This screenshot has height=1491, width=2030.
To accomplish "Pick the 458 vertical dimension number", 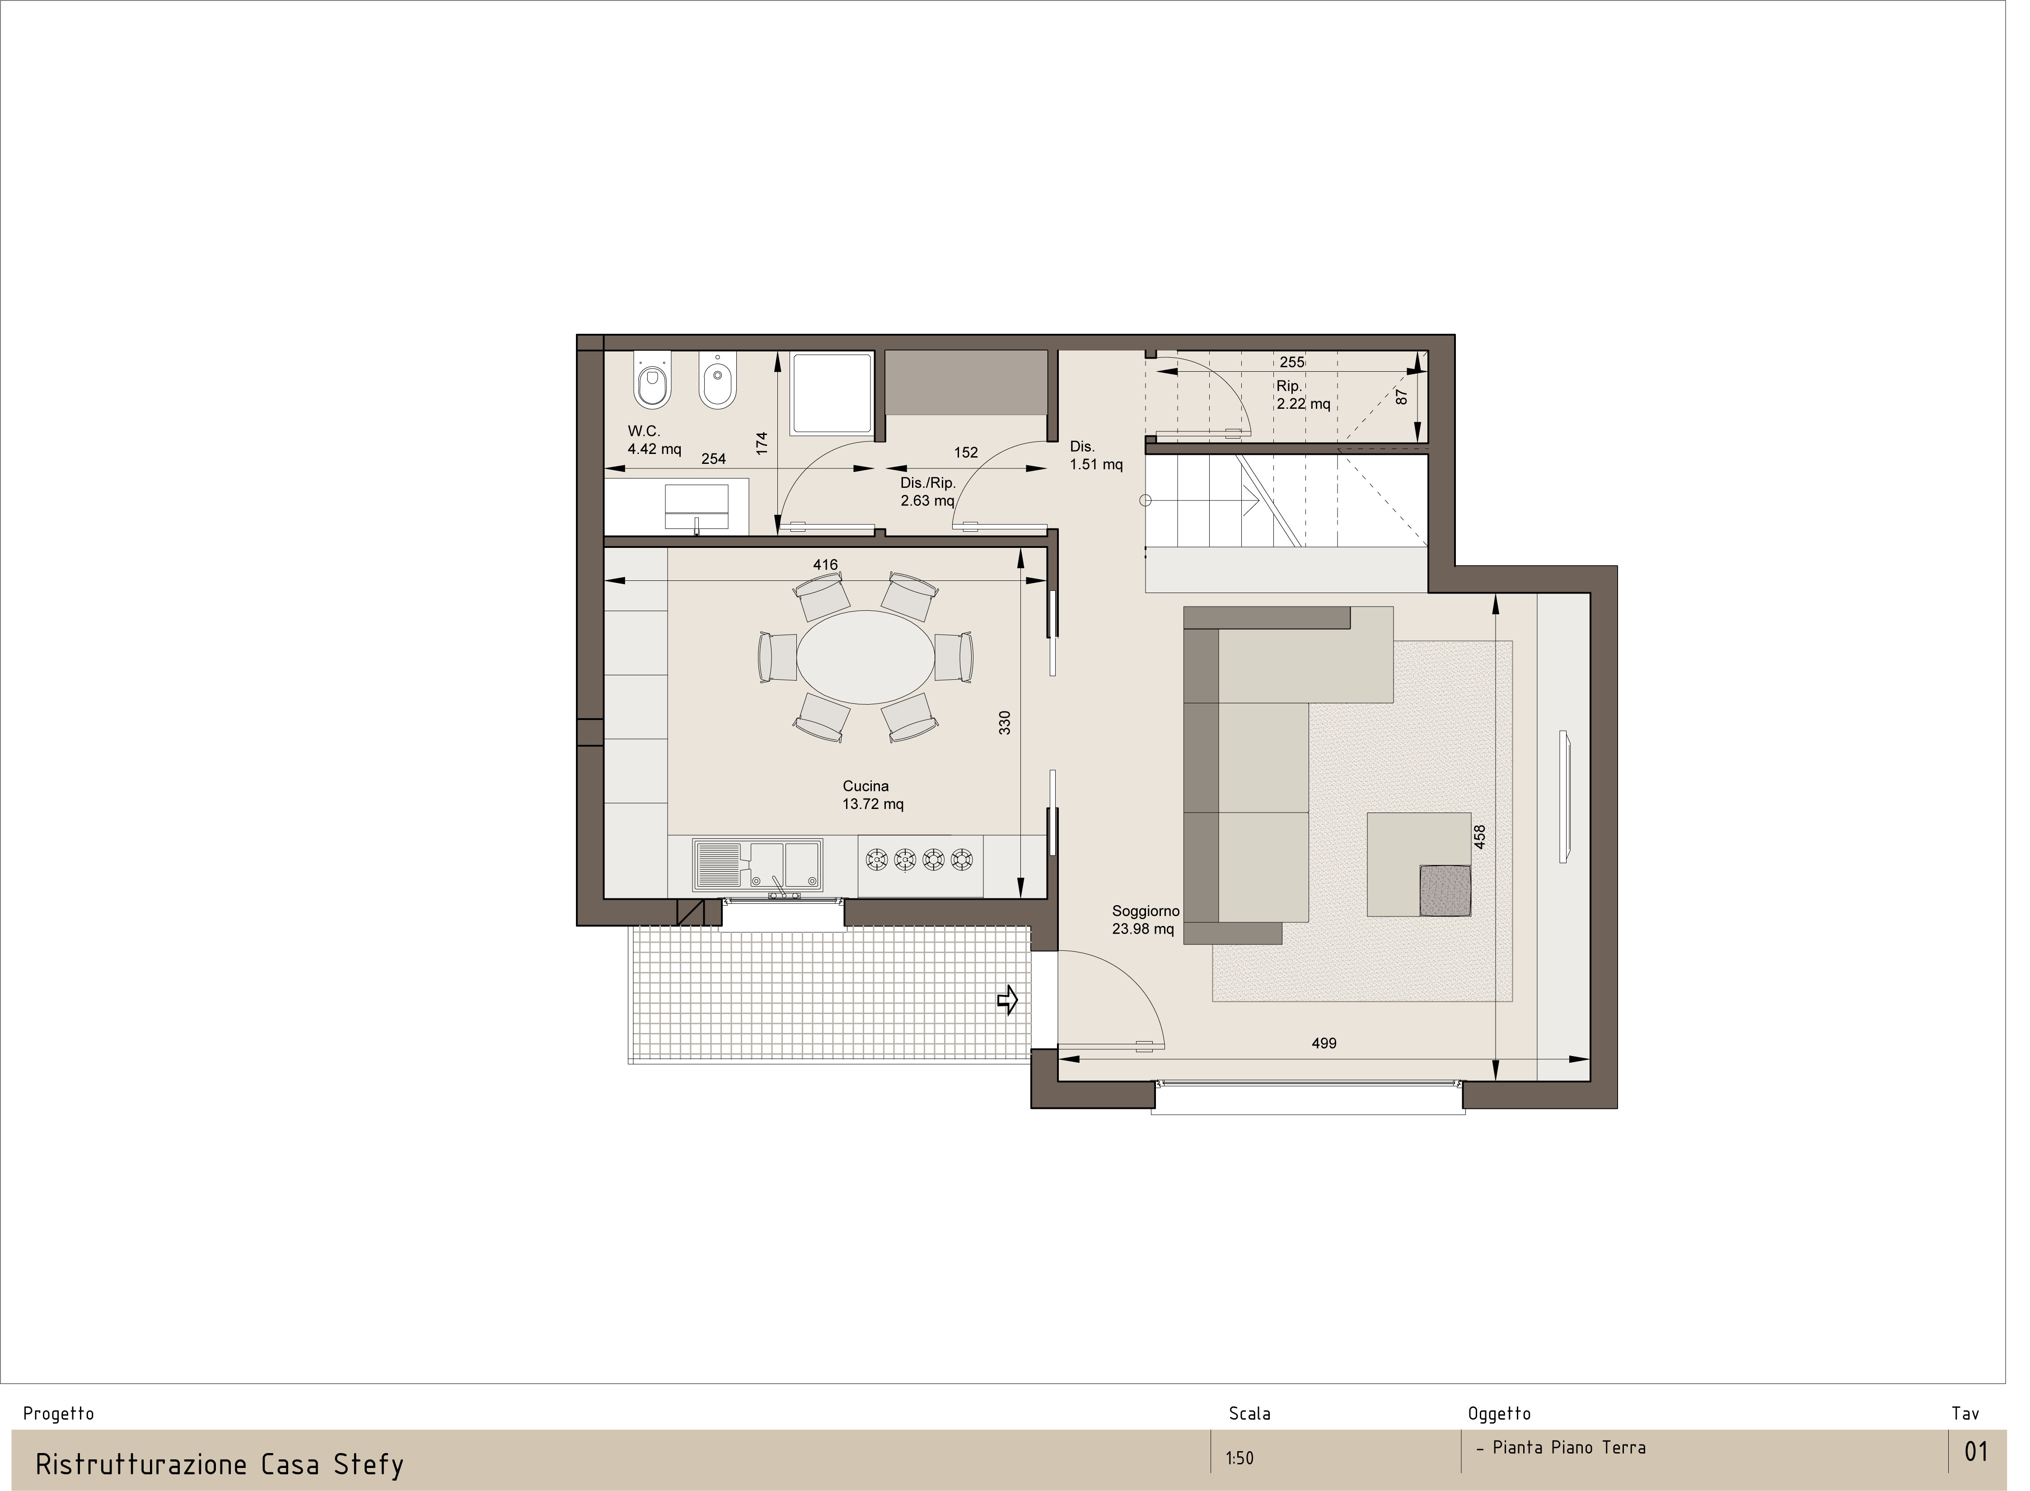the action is click(x=1478, y=837).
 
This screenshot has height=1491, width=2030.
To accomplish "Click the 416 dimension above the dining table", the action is click(x=825, y=565).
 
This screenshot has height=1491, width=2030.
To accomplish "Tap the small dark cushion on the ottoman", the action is click(x=1445, y=890).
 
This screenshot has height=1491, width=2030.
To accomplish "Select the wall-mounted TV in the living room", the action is click(x=1565, y=796).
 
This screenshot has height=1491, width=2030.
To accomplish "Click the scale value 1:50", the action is click(x=1240, y=1458).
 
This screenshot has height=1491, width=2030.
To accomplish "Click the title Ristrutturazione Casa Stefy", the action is click(x=220, y=1464).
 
